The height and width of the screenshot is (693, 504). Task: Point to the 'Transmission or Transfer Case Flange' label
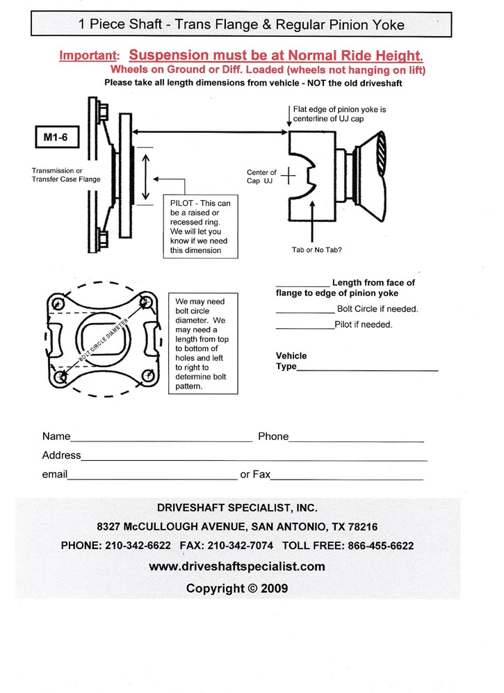click(66, 174)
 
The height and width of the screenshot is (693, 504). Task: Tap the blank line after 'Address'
click(254, 458)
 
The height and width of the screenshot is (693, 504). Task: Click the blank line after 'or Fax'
click(347, 478)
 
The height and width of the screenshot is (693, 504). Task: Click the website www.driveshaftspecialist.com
click(237, 566)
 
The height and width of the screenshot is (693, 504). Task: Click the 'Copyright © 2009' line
click(237, 588)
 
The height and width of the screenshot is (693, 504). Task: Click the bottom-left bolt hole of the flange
click(62, 376)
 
